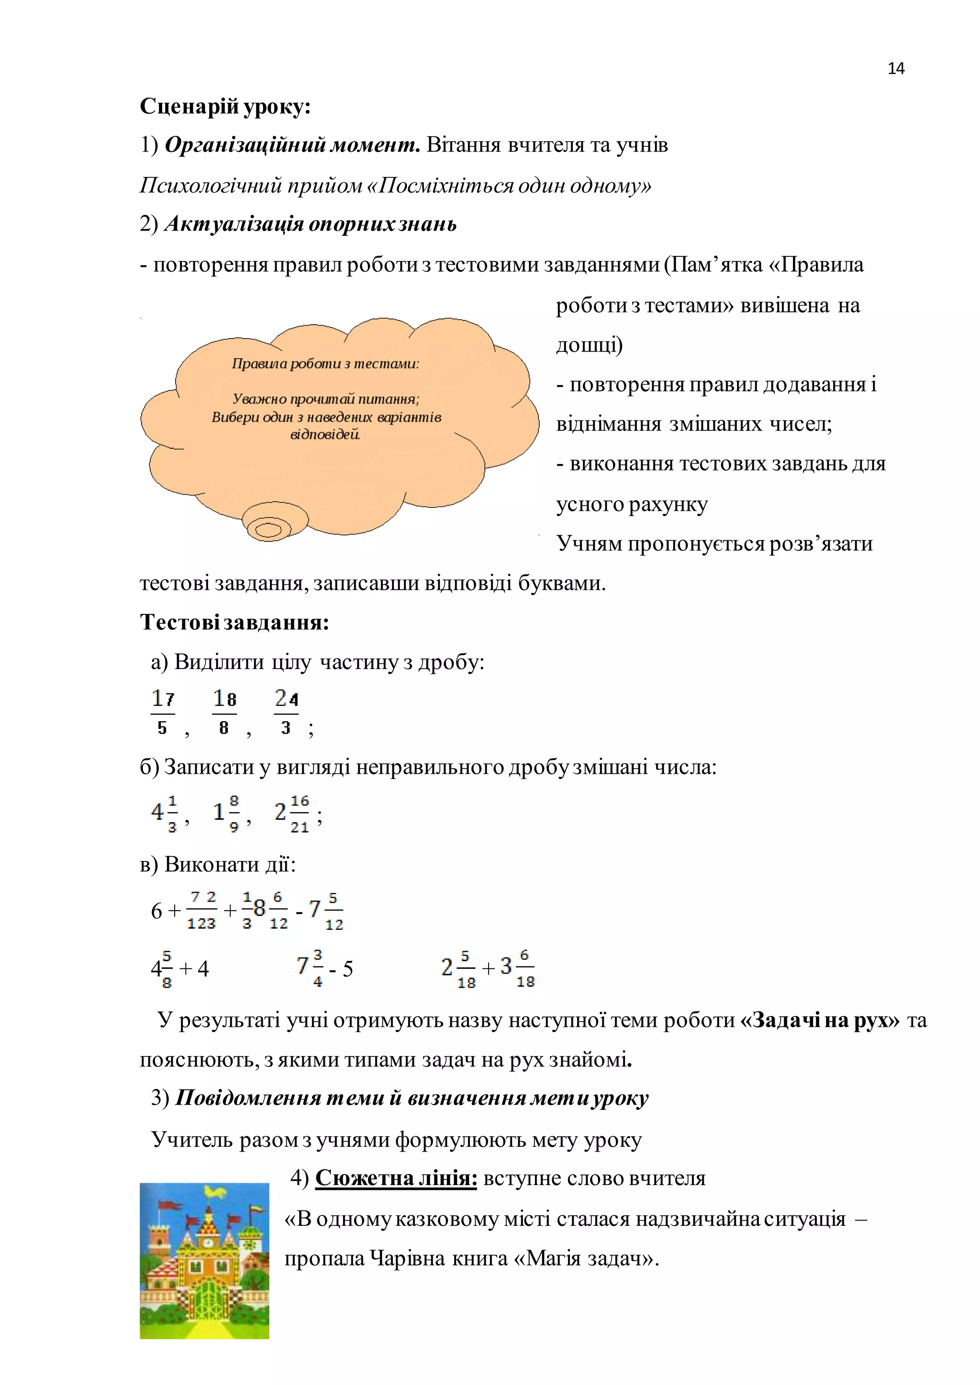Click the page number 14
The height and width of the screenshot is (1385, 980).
895,69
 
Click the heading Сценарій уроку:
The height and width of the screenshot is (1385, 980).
225,107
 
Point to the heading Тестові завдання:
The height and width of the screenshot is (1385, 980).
234,622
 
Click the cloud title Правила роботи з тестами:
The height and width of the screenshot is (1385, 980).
325,364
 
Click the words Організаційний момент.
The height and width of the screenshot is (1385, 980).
292,145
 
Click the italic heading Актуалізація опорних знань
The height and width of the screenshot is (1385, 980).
310,224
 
